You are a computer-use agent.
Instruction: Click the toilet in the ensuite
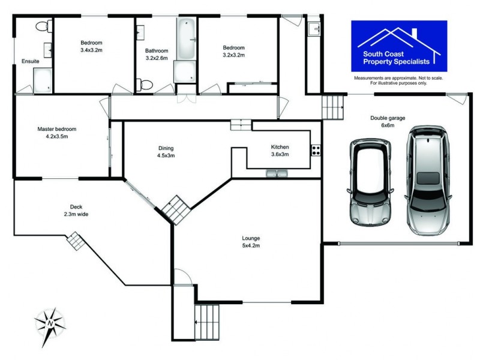point(43,26)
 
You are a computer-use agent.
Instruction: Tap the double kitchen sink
point(277,174)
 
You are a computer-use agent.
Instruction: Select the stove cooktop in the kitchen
point(316,150)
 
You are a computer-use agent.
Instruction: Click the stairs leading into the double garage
point(334,107)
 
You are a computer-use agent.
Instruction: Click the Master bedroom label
point(57,133)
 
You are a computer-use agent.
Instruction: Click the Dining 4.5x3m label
point(166,151)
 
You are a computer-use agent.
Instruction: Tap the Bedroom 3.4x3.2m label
point(92,46)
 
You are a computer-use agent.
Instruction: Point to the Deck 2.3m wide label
point(76,210)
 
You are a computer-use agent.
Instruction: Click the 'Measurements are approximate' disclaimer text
point(398,81)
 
